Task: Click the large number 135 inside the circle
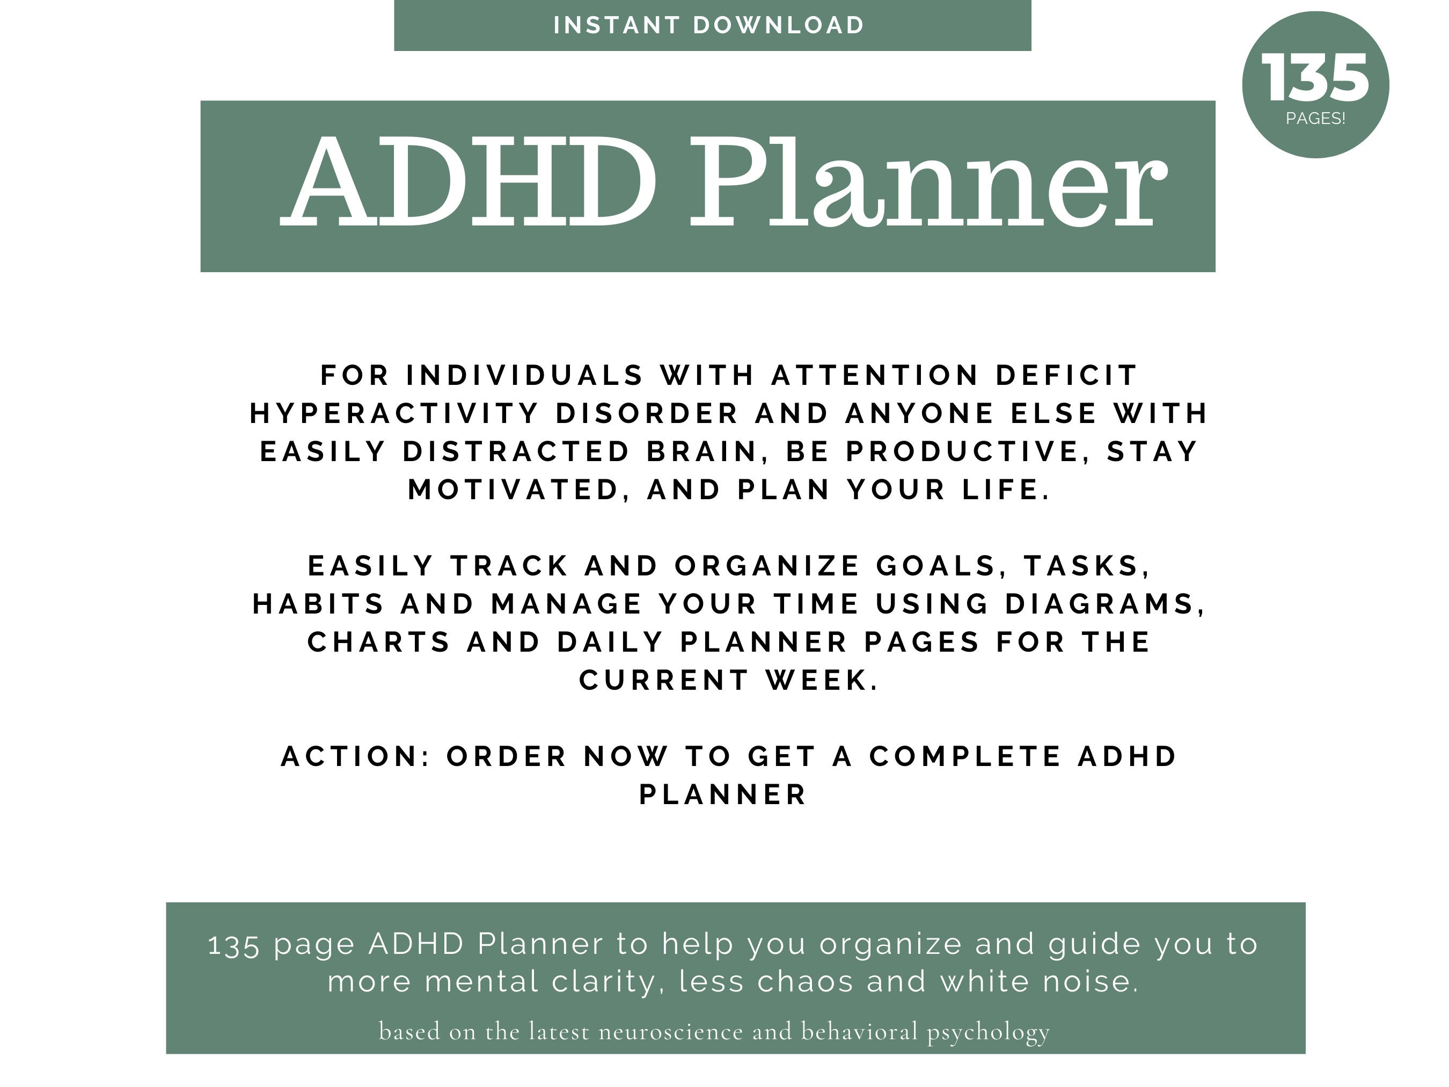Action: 1315,78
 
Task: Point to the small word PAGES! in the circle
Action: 1315,119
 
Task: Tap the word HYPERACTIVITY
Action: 394,413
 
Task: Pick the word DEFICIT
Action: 1066,375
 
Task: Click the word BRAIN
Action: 702,451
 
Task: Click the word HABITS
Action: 318,603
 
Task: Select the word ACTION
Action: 351,756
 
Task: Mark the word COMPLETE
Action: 964,756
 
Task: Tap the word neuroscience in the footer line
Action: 671,1031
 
